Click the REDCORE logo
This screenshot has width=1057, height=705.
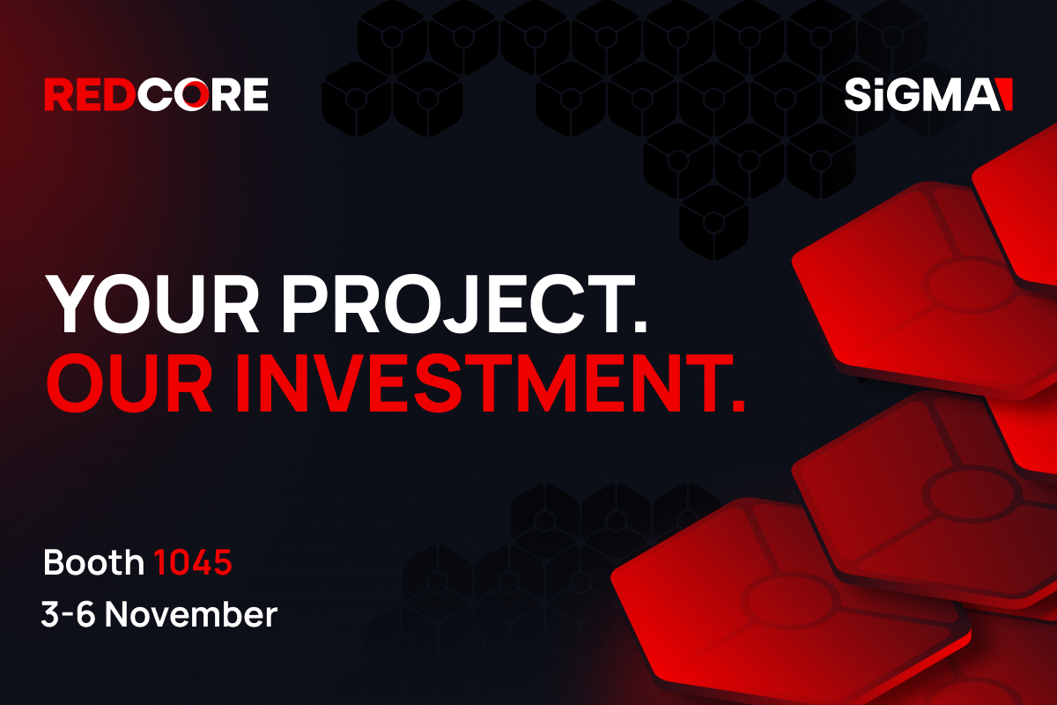point(156,94)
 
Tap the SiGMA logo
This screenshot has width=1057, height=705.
point(928,94)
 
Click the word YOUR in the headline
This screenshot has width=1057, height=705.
point(152,304)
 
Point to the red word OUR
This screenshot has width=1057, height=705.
point(129,383)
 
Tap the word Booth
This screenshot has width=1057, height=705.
point(93,562)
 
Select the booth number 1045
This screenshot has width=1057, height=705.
point(193,562)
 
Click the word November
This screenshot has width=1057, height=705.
point(191,614)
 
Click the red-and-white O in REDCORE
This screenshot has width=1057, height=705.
point(192,94)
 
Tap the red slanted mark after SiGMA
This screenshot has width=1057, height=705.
point(1006,94)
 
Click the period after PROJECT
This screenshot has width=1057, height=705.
point(640,328)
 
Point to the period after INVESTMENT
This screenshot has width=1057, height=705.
point(738,405)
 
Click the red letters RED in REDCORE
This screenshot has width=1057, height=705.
point(90,94)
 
